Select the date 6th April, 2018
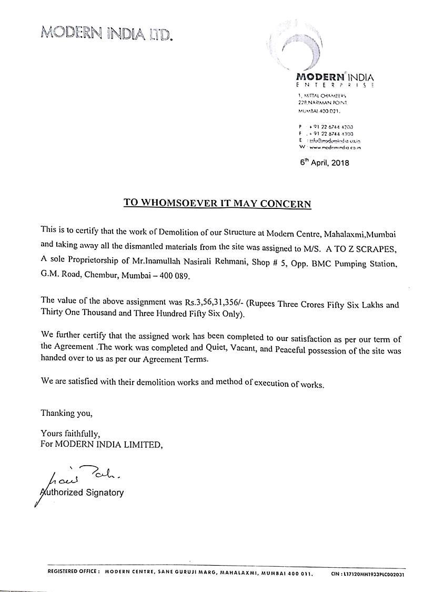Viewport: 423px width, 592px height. (324, 163)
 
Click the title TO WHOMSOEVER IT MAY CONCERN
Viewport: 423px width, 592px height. (217, 203)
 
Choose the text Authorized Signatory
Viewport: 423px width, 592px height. (83, 493)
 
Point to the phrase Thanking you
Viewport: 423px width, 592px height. (66, 413)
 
